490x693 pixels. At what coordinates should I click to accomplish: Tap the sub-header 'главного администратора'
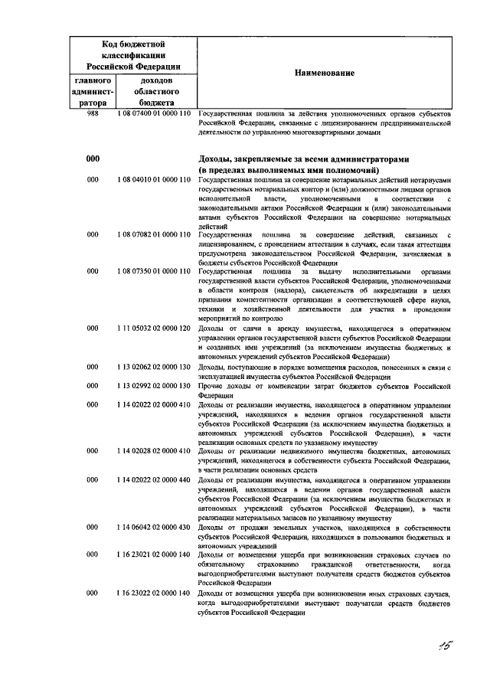pyautogui.click(x=93, y=90)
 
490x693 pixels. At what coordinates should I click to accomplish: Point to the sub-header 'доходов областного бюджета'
pyautogui.click(x=156, y=90)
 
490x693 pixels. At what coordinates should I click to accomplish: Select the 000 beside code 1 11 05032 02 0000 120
pyautogui.click(x=93, y=329)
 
